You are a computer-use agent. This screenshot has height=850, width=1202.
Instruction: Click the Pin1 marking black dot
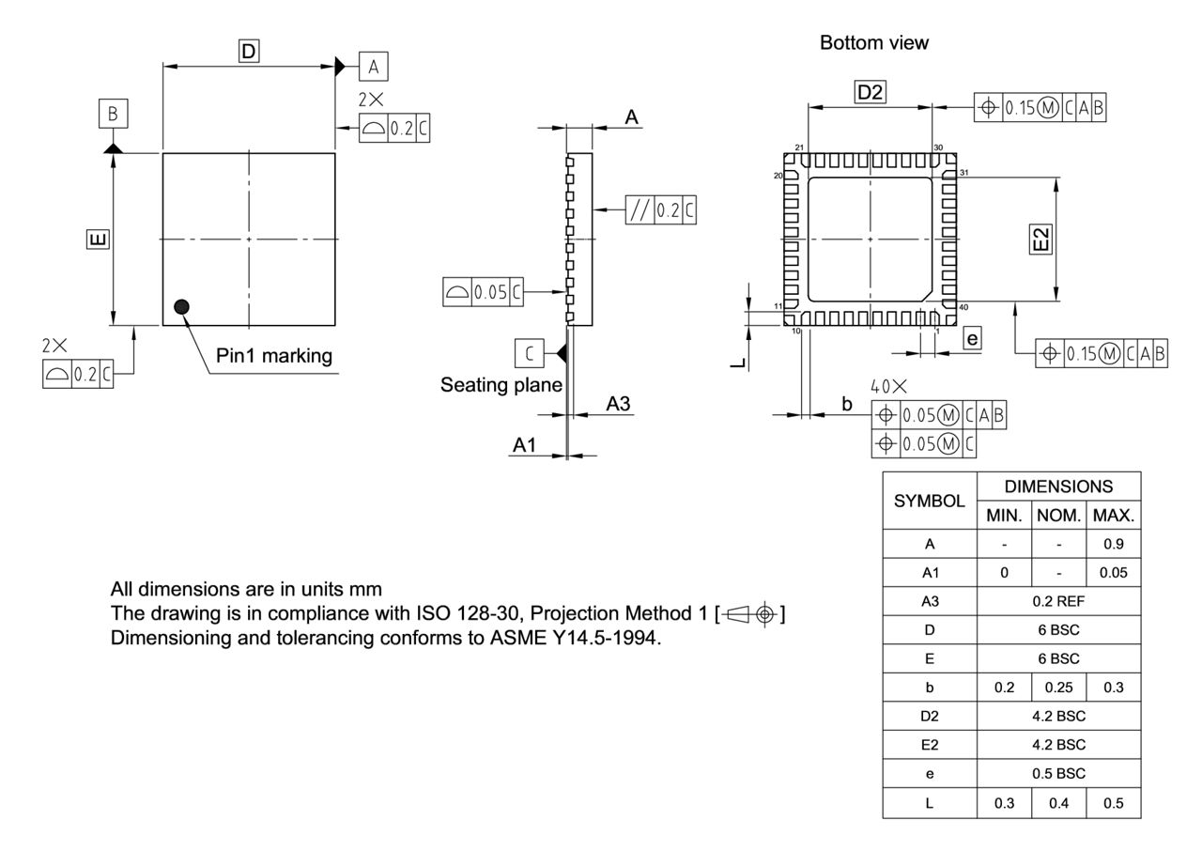(x=181, y=306)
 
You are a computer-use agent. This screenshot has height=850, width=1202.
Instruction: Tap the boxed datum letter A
(x=374, y=66)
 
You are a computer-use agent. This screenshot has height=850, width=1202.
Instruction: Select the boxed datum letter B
(x=113, y=115)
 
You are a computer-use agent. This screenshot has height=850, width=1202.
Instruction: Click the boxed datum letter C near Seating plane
(x=530, y=353)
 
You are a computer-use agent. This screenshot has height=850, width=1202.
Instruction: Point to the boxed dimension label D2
(x=870, y=91)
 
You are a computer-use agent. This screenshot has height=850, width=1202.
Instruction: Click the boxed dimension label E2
(x=1040, y=238)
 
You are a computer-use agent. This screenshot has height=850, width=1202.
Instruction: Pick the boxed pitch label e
(x=972, y=339)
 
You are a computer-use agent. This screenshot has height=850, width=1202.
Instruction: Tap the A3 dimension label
(x=618, y=404)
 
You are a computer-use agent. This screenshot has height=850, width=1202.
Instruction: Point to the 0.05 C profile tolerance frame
(x=483, y=292)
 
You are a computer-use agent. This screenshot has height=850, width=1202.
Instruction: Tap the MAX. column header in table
(x=1114, y=515)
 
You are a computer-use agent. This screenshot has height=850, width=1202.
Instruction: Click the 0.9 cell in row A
(x=1114, y=543)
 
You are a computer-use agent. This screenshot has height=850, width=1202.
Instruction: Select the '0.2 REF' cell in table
(x=1059, y=598)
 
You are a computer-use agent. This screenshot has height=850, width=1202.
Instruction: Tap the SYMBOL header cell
(x=930, y=501)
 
